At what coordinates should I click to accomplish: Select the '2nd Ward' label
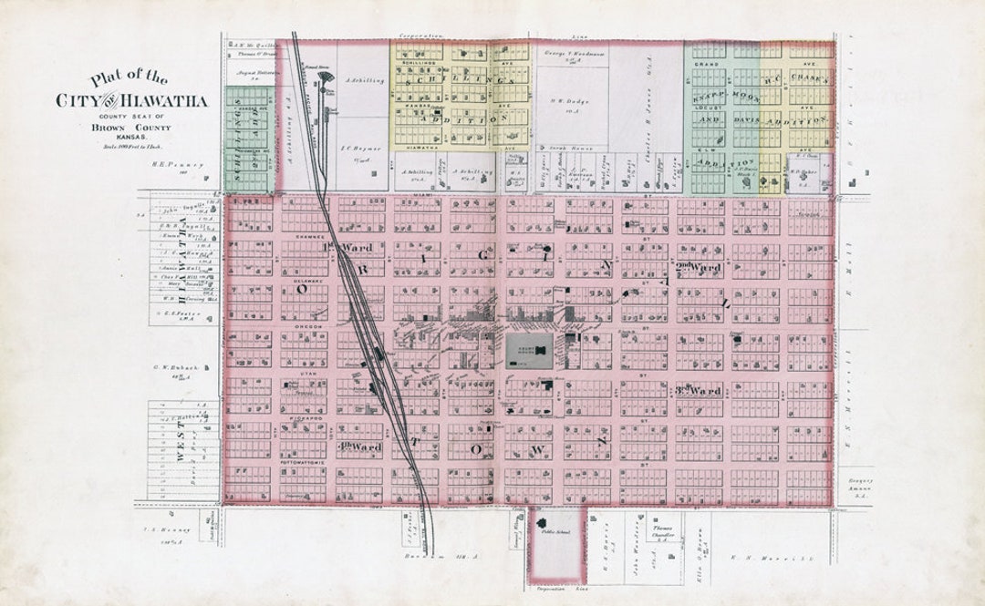pos(700,267)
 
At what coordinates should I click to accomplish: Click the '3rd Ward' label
pos(700,391)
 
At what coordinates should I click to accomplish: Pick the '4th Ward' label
pos(359,447)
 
